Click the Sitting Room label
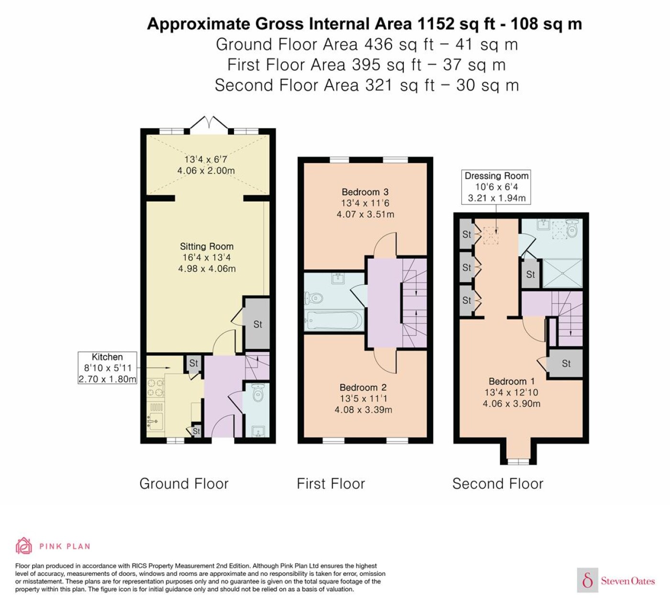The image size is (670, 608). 207,247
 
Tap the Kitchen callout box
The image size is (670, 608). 107,368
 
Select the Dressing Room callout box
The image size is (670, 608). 496,187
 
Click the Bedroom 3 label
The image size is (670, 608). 365,192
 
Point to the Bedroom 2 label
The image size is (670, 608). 363,387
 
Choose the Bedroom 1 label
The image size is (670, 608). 512,382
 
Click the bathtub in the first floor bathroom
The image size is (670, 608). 334,321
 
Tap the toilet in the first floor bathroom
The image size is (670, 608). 313,297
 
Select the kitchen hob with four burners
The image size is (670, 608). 156,387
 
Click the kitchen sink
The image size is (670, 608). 155,421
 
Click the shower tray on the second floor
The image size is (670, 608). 562,273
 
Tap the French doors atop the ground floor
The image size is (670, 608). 209,123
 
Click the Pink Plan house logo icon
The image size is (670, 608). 24,546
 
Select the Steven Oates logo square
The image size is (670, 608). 588,580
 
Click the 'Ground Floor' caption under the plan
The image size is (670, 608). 184,484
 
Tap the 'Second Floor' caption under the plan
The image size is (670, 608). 498,484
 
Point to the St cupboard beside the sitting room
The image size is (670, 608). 257,324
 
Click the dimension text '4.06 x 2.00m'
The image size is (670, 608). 206,170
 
